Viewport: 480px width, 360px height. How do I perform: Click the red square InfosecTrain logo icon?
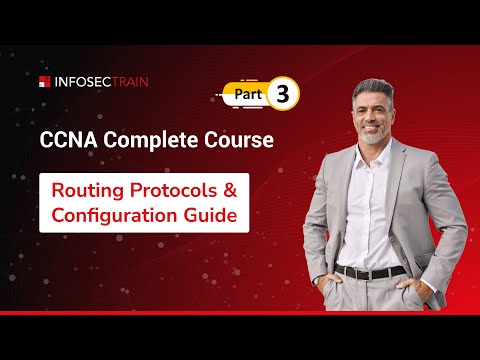pos(45,81)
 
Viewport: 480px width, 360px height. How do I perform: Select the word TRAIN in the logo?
pos(129,81)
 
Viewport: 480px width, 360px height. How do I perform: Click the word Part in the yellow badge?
pos(251,93)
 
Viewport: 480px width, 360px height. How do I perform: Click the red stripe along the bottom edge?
pos(240,313)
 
